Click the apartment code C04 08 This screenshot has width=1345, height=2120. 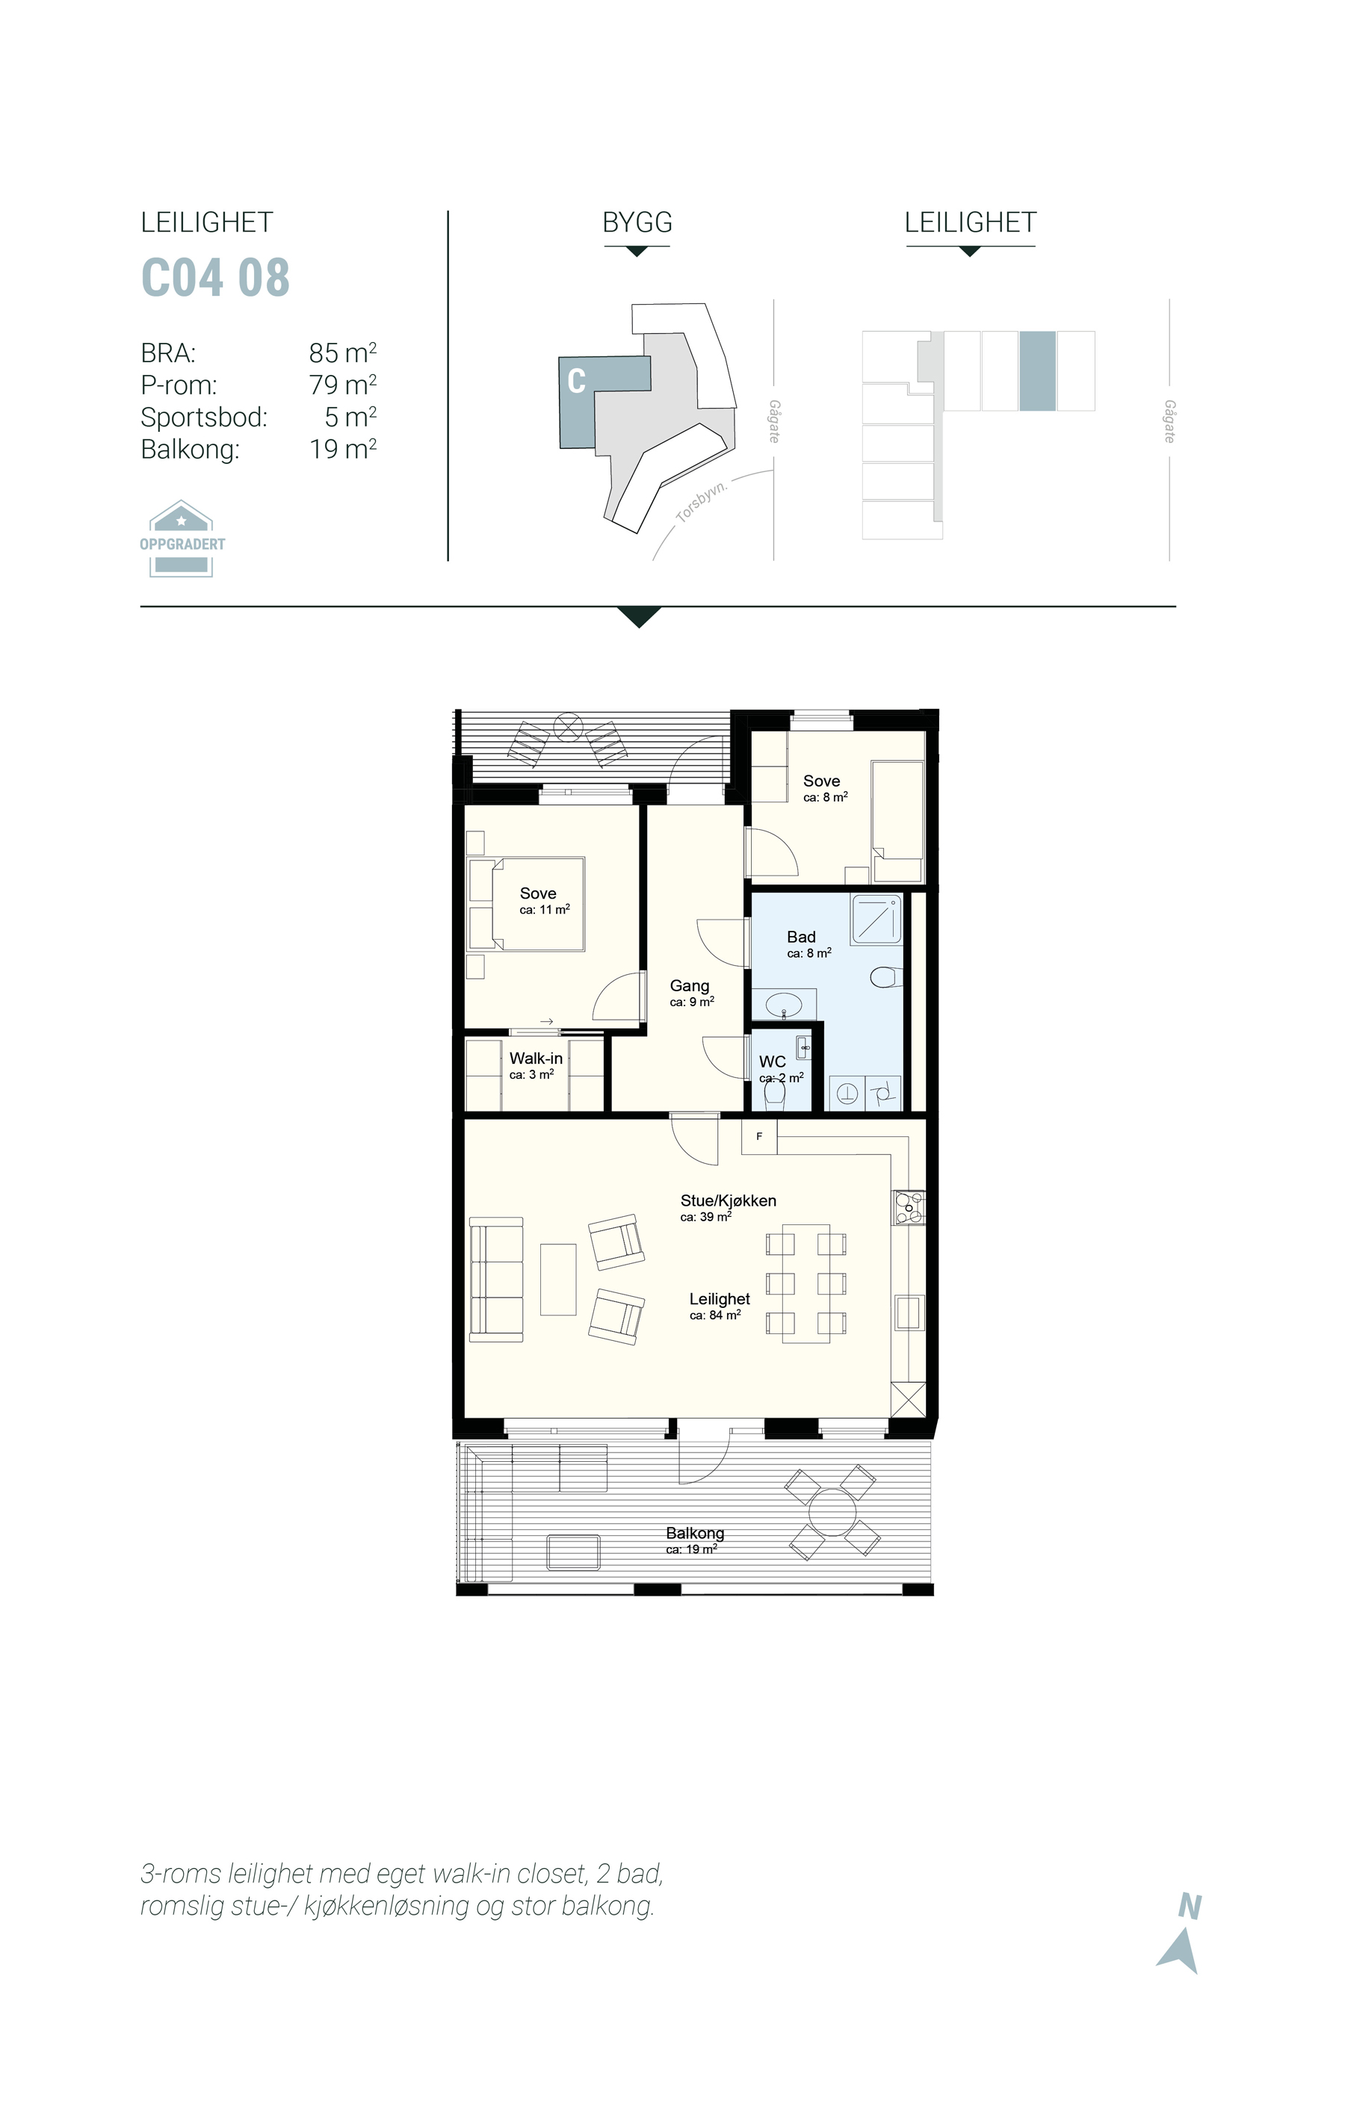[215, 277]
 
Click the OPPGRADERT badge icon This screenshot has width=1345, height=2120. [182, 539]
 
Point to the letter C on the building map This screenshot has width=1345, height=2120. [577, 380]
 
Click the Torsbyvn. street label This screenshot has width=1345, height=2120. [702, 502]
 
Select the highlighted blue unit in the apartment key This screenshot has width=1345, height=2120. [1038, 371]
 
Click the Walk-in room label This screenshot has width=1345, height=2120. [536, 1059]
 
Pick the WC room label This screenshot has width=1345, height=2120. [773, 1061]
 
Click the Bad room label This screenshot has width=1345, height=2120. [802, 937]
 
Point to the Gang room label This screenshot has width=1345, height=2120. [689, 986]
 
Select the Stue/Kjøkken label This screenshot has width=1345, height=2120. [729, 1200]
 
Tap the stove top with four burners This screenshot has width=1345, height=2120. [910, 1207]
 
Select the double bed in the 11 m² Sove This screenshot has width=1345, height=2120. [527, 904]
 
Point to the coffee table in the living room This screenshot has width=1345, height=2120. [558, 1279]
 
